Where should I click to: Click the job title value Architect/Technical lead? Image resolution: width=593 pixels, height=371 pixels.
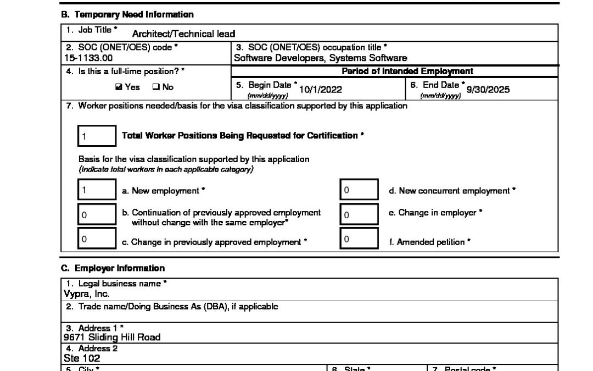(183, 34)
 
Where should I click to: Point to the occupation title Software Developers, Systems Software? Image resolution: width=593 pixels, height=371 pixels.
(320, 58)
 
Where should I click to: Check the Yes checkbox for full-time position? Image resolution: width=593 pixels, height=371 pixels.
(119, 87)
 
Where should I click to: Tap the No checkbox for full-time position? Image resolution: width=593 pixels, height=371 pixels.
(155, 87)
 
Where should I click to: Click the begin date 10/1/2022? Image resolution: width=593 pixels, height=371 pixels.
(320, 90)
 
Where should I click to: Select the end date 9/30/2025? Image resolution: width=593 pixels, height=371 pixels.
(488, 90)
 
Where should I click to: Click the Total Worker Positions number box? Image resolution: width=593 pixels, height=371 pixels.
(97, 136)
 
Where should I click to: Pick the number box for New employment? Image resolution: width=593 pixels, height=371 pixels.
(97, 191)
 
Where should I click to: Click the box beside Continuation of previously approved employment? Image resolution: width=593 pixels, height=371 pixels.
(97, 215)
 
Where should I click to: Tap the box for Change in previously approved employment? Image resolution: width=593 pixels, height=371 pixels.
(97, 239)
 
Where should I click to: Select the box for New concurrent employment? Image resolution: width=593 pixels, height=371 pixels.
(359, 191)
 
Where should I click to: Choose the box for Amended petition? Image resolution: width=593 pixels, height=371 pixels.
(359, 239)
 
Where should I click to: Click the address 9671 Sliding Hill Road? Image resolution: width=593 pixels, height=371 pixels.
(112, 337)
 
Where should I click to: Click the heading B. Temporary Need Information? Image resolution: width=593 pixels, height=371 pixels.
(127, 15)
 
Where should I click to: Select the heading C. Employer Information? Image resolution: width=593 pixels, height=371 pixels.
(113, 268)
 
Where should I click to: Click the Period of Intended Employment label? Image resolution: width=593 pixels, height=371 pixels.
(407, 71)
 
